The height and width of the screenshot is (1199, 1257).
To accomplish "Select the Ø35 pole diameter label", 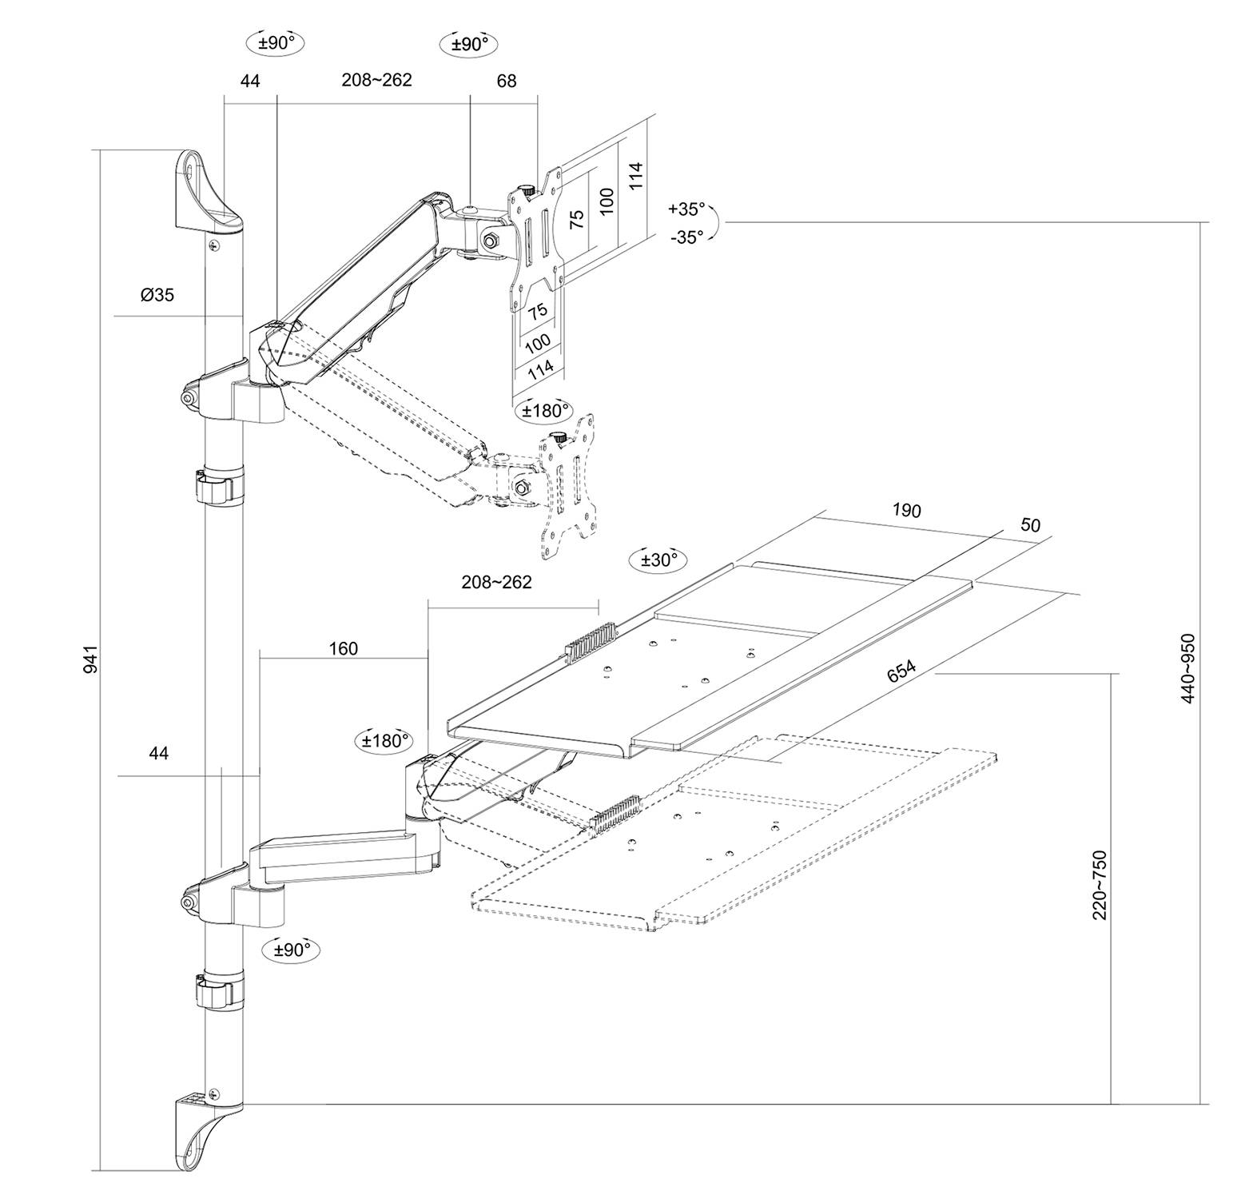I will click(x=157, y=295).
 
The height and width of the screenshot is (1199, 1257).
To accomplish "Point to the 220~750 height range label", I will click(x=1100, y=885).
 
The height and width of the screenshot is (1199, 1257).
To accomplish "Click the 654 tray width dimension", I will click(x=901, y=671).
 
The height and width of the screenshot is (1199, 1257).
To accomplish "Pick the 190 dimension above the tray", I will click(x=906, y=511).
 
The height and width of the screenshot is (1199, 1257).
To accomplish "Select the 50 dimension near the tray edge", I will click(x=1031, y=525).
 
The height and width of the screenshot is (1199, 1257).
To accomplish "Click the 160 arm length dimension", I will click(x=344, y=648).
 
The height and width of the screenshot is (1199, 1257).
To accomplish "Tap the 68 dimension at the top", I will click(x=506, y=81).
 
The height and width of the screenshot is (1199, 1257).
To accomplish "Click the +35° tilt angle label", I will click(x=687, y=209).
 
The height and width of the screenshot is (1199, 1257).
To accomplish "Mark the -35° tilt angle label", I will click(x=687, y=237).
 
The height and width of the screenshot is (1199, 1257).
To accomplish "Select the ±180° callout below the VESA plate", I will click(x=547, y=411).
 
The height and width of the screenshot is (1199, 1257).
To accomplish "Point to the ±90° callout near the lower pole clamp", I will click(x=292, y=950).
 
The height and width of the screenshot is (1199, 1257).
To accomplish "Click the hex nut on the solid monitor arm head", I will click(x=488, y=239).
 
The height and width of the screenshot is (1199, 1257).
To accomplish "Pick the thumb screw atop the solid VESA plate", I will click(x=527, y=190).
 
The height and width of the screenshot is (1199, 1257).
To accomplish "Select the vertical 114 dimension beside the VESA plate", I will click(x=635, y=176).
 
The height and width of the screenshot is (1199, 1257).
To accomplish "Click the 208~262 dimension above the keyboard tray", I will click(x=496, y=582).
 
